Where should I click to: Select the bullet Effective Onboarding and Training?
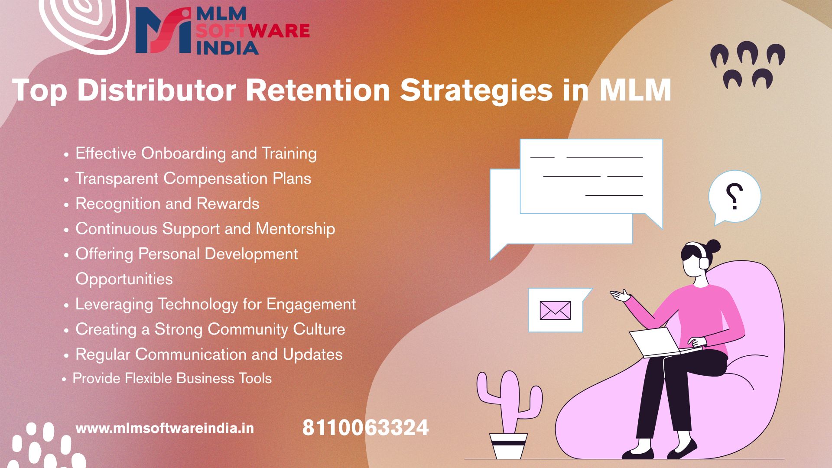pos(196,153)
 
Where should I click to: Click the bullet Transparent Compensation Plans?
pos(193,179)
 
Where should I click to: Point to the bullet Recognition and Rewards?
pos(167,204)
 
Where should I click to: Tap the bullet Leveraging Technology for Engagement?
pos(216,304)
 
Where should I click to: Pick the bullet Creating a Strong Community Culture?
pos(210,329)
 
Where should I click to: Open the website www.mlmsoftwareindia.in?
pos(165,429)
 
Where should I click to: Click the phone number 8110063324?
pos(365,428)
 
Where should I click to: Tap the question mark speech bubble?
pos(734,198)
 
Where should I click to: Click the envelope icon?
pos(555,310)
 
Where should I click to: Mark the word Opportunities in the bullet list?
pos(124,279)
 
